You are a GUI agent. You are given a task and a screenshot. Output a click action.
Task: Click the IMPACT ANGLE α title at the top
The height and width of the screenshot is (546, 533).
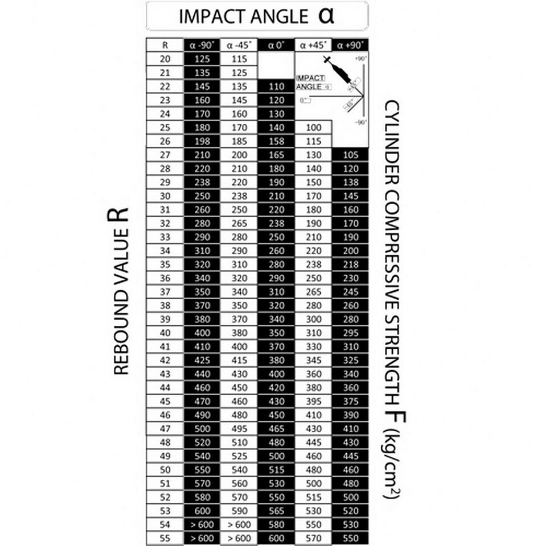pos(257,16)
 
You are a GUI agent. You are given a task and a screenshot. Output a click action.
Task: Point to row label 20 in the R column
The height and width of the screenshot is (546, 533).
pos(165,59)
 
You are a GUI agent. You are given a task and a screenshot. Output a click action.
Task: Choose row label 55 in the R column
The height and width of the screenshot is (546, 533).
pos(165,537)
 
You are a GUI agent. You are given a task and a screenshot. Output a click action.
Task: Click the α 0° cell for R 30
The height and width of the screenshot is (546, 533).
pos(276,196)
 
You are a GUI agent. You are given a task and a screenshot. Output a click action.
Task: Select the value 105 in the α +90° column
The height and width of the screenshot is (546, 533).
pos(350,155)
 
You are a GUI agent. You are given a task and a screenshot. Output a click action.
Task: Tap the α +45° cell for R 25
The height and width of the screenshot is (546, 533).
pos(313,127)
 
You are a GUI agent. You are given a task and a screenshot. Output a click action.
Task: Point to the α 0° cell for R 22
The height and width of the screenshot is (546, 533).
pos(276,86)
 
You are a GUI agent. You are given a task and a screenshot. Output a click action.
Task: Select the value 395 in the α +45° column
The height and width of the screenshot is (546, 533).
pos(313,401)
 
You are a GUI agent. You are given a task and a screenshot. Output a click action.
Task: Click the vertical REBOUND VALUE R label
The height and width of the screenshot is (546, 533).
pos(121,290)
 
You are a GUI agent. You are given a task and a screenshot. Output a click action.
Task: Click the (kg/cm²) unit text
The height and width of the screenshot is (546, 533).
pos(392,464)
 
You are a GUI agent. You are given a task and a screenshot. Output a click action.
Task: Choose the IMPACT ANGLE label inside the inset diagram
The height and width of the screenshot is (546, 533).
pos(311,82)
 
